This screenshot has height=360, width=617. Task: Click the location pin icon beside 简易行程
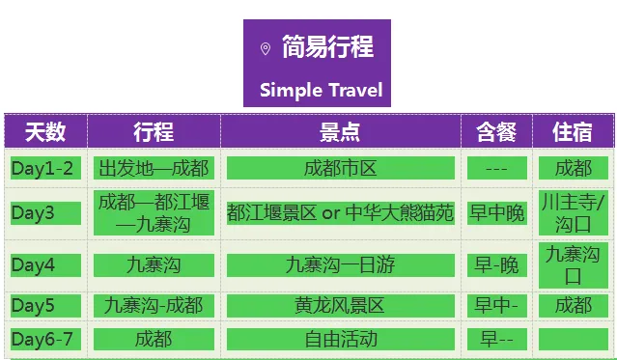(266, 49)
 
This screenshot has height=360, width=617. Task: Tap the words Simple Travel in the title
(322, 90)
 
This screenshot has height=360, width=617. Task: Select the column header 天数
(45, 131)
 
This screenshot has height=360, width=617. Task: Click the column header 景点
(340, 131)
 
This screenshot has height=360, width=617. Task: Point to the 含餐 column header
(496, 131)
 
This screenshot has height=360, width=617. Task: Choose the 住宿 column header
(573, 131)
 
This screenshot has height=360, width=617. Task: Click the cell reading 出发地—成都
(154, 168)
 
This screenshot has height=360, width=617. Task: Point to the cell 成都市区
(341, 168)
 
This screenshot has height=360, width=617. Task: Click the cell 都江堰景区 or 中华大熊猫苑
(341, 213)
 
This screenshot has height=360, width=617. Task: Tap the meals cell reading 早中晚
(497, 213)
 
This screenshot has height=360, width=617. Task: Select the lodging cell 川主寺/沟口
(574, 213)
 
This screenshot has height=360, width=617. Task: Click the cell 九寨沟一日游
(341, 265)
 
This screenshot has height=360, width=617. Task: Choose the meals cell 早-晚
(497, 265)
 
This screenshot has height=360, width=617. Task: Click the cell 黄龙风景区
(341, 306)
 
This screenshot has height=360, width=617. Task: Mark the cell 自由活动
(341, 339)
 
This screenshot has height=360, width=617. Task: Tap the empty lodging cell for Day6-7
(574, 339)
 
